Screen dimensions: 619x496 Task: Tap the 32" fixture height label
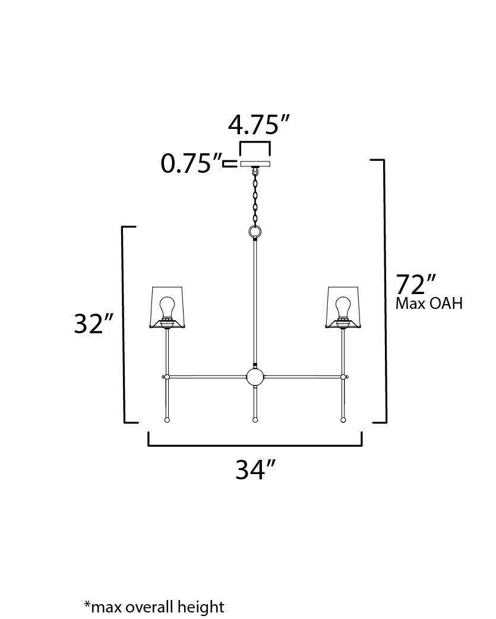[93, 324]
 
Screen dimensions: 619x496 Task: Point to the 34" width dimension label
[256, 470]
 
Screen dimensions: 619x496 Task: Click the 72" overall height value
[416, 285]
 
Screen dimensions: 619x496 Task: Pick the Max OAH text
[428, 304]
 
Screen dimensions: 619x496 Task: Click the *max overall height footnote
[154, 607]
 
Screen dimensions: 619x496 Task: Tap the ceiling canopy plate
[255, 163]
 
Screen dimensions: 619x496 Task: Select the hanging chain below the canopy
[255, 196]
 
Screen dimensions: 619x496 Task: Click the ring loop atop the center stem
[255, 230]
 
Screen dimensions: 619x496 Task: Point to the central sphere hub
[255, 377]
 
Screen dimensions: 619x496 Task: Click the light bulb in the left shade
[168, 307]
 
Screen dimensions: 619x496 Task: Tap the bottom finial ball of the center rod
[255, 420]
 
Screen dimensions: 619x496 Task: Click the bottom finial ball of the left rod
[167, 420]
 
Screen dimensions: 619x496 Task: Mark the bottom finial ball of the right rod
[343, 420]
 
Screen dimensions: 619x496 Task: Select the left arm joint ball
[167, 377]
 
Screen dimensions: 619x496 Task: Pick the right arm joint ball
[343, 377]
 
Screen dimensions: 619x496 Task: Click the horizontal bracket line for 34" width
[255, 445]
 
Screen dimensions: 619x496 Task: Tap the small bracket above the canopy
[255, 144]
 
